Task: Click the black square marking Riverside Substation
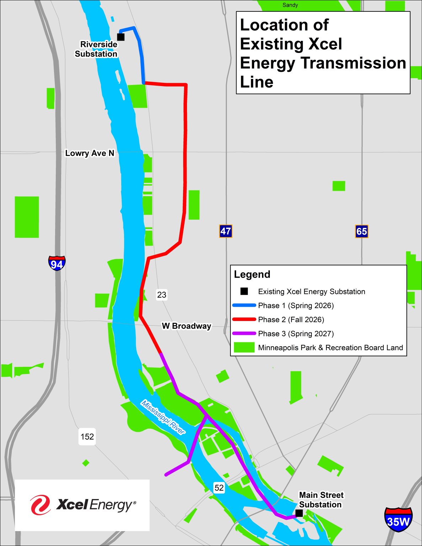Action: point(121,37)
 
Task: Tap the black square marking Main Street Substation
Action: point(299,513)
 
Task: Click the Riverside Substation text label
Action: point(96,49)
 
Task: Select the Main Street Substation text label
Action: point(321,500)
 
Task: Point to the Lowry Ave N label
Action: point(90,153)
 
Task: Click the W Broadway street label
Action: point(186,326)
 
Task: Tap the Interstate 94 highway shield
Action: point(57,263)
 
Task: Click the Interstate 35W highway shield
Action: point(398,519)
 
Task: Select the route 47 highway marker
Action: point(225,231)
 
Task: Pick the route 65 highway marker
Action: point(362,231)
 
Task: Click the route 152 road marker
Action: point(87,437)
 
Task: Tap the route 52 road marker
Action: point(219,488)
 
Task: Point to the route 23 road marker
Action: point(162,295)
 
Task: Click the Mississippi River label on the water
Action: point(163,417)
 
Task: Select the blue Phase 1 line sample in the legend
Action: point(244,305)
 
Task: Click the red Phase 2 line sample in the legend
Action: point(244,319)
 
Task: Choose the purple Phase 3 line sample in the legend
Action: point(244,333)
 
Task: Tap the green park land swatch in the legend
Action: point(244,347)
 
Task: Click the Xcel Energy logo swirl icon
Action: point(40,505)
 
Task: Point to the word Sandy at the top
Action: point(290,5)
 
